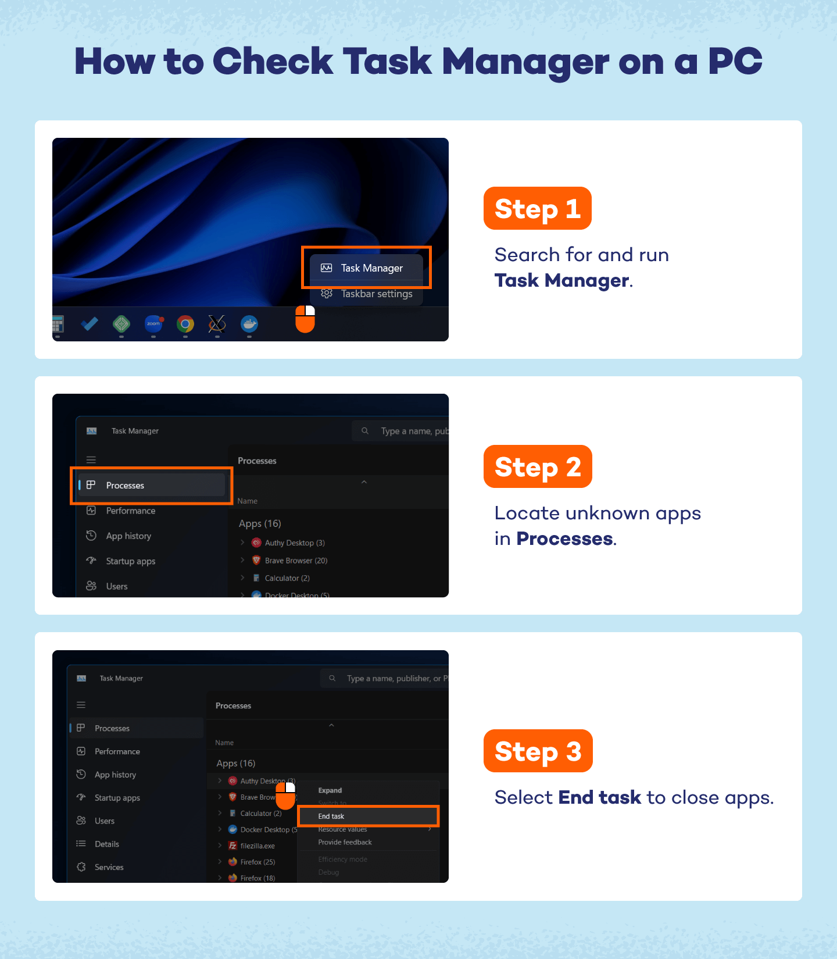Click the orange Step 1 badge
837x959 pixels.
(x=537, y=209)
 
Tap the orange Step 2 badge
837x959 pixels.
(x=538, y=467)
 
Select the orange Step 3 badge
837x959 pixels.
(x=538, y=751)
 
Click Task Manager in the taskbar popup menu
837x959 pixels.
(x=371, y=268)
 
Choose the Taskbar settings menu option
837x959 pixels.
(x=376, y=294)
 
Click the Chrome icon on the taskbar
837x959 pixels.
(x=185, y=324)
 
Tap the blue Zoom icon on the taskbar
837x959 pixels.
(x=153, y=323)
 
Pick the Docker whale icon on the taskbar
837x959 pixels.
(x=249, y=323)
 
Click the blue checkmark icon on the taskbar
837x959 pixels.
(x=90, y=323)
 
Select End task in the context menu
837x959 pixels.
(x=331, y=817)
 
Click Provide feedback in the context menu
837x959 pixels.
(x=345, y=842)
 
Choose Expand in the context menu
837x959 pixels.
(x=330, y=790)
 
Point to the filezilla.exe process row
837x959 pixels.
(x=257, y=846)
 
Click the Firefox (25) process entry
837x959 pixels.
(x=257, y=862)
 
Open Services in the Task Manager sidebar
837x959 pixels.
(x=109, y=867)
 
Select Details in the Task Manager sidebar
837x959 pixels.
(x=107, y=844)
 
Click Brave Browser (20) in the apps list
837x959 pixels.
(x=296, y=561)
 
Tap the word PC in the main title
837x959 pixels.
(x=735, y=62)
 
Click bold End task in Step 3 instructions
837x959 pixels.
(x=599, y=797)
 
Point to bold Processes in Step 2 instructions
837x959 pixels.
(x=564, y=539)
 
